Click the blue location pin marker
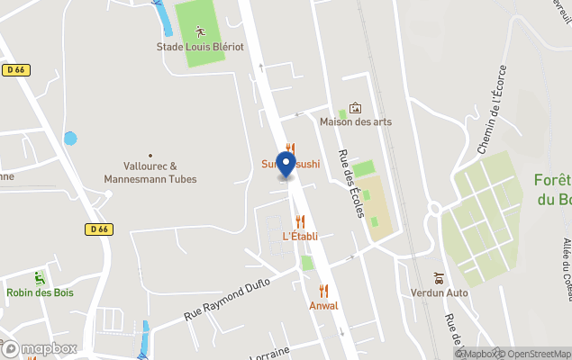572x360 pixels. (286, 164)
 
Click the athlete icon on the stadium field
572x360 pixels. (199, 31)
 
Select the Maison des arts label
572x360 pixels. (355, 121)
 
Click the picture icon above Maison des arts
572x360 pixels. (355, 107)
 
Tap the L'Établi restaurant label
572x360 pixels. (299, 237)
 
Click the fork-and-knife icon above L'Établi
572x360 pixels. (300, 221)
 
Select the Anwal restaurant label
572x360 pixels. (323, 305)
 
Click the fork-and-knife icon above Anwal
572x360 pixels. (323, 291)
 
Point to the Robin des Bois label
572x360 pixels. (40, 292)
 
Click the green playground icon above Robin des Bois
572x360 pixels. (39, 277)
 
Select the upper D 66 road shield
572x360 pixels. (14, 69)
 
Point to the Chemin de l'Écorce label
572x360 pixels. (493, 109)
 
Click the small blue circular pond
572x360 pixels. (70, 139)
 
